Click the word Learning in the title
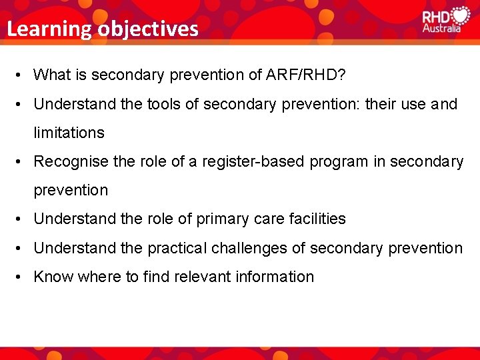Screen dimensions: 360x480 click(49, 29)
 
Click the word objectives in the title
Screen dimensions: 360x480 click(147, 29)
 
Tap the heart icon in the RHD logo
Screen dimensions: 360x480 click(460, 16)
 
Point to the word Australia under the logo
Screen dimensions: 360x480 click(441, 29)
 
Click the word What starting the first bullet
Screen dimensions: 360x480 click(51, 75)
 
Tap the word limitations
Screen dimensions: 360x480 click(69, 133)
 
